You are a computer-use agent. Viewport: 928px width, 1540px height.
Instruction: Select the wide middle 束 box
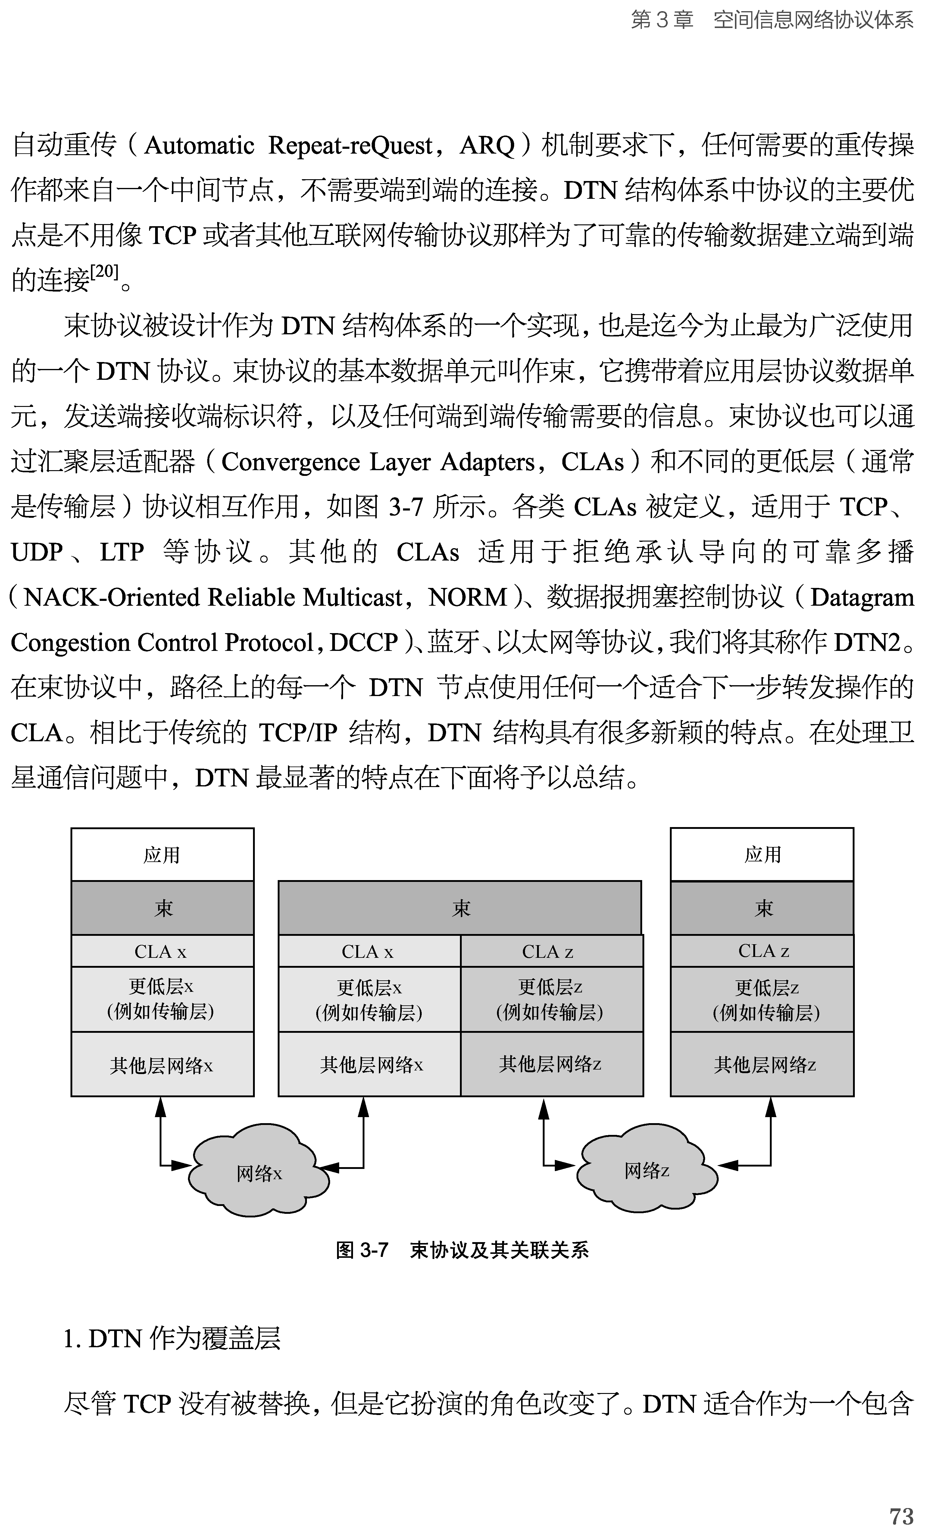coord(460,908)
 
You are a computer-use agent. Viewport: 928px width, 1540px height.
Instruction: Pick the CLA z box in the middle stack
coord(551,951)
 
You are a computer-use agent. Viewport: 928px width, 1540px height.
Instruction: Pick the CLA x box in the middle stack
coord(369,951)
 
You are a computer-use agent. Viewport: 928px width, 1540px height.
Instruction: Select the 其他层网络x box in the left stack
coord(162,1064)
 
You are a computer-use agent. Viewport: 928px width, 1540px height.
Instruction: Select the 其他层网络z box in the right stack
coord(762,1064)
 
